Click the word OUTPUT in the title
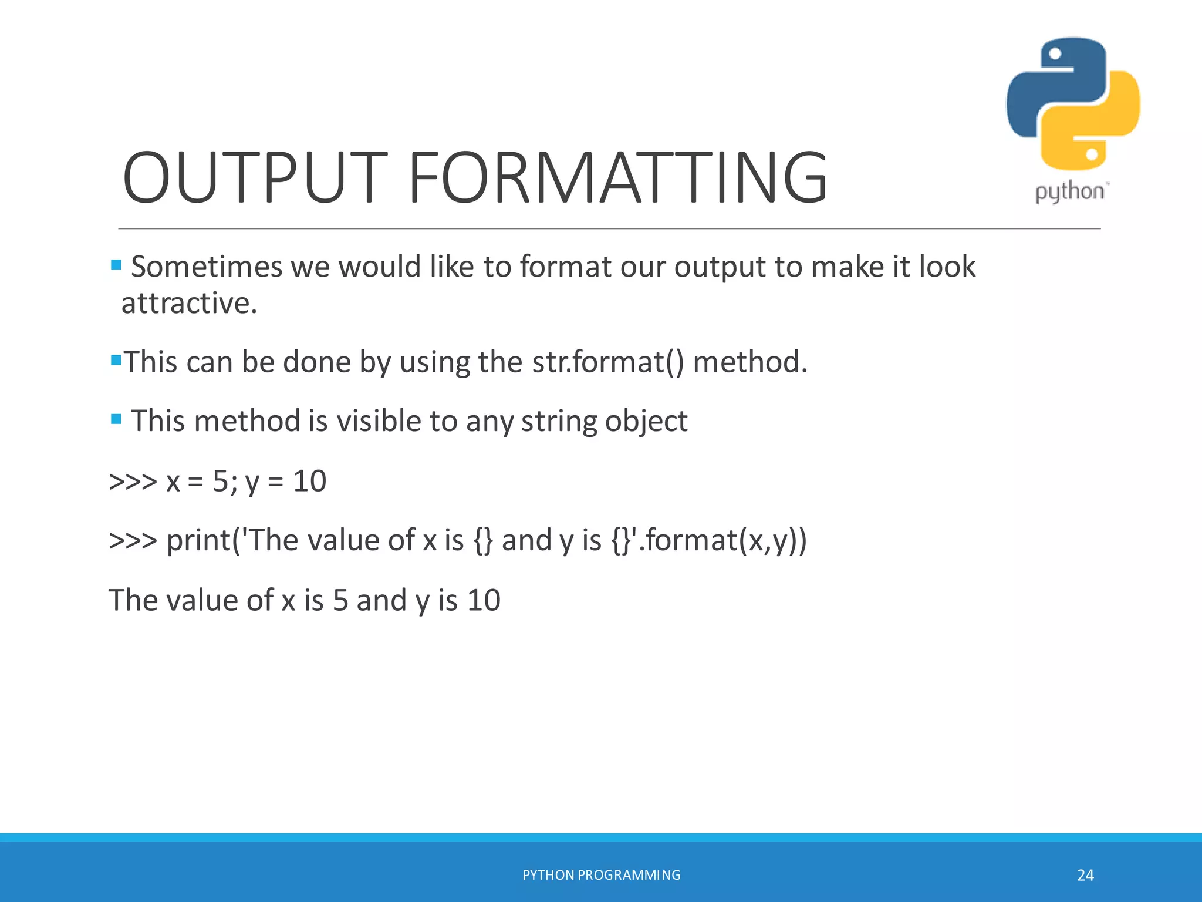coord(254,177)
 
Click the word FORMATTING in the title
coord(617,177)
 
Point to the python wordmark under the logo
coord(1069,192)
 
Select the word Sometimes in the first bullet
coord(207,267)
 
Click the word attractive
coord(189,304)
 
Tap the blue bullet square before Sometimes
coord(116,265)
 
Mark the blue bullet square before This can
coord(116,359)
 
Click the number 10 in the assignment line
coord(309,481)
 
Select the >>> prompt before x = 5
coord(133,481)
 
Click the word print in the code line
coord(198,540)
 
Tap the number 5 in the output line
coord(340,600)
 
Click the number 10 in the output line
coord(484,600)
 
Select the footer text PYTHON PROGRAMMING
coord(601,875)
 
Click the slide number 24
coord(1085,875)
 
